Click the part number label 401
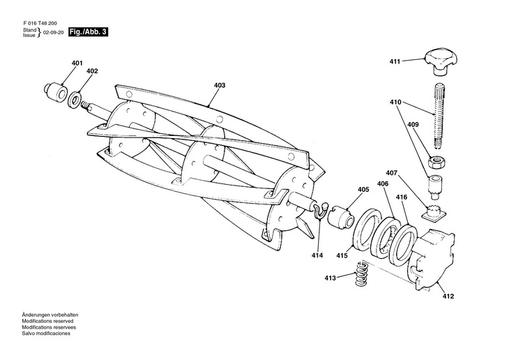(x=76, y=63)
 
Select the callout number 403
(x=220, y=86)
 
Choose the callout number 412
(x=447, y=297)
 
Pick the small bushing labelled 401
(x=53, y=91)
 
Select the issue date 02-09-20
(x=54, y=33)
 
